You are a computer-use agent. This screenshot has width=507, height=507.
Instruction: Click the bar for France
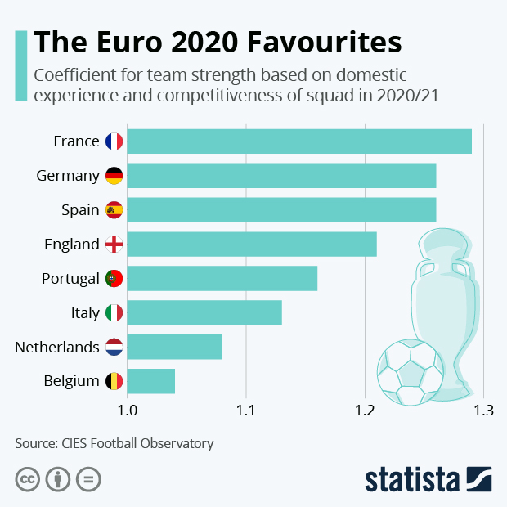(x=299, y=141)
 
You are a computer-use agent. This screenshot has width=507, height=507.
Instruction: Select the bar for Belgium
(x=151, y=381)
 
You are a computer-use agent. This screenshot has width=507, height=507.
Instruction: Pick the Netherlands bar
(x=175, y=347)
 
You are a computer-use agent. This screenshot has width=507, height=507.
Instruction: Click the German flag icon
(x=114, y=176)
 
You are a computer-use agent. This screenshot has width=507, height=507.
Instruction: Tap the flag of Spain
(x=114, y=210)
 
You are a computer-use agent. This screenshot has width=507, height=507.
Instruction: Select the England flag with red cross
(x=114, y=245)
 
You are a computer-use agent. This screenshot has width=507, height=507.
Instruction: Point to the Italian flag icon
(x=114, y=313)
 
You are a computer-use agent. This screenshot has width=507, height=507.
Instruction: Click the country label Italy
(x=85, y=313)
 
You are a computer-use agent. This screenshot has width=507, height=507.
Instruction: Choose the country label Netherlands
(x=57, y=348)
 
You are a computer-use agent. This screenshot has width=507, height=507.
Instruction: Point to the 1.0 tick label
(x=127, y=410)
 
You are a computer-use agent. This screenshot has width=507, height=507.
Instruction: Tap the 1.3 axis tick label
(x=484, y=410)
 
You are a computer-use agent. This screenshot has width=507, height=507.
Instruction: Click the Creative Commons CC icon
(x=27, y=478)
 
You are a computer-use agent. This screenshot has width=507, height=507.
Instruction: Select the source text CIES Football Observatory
(x=137, y=444)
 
